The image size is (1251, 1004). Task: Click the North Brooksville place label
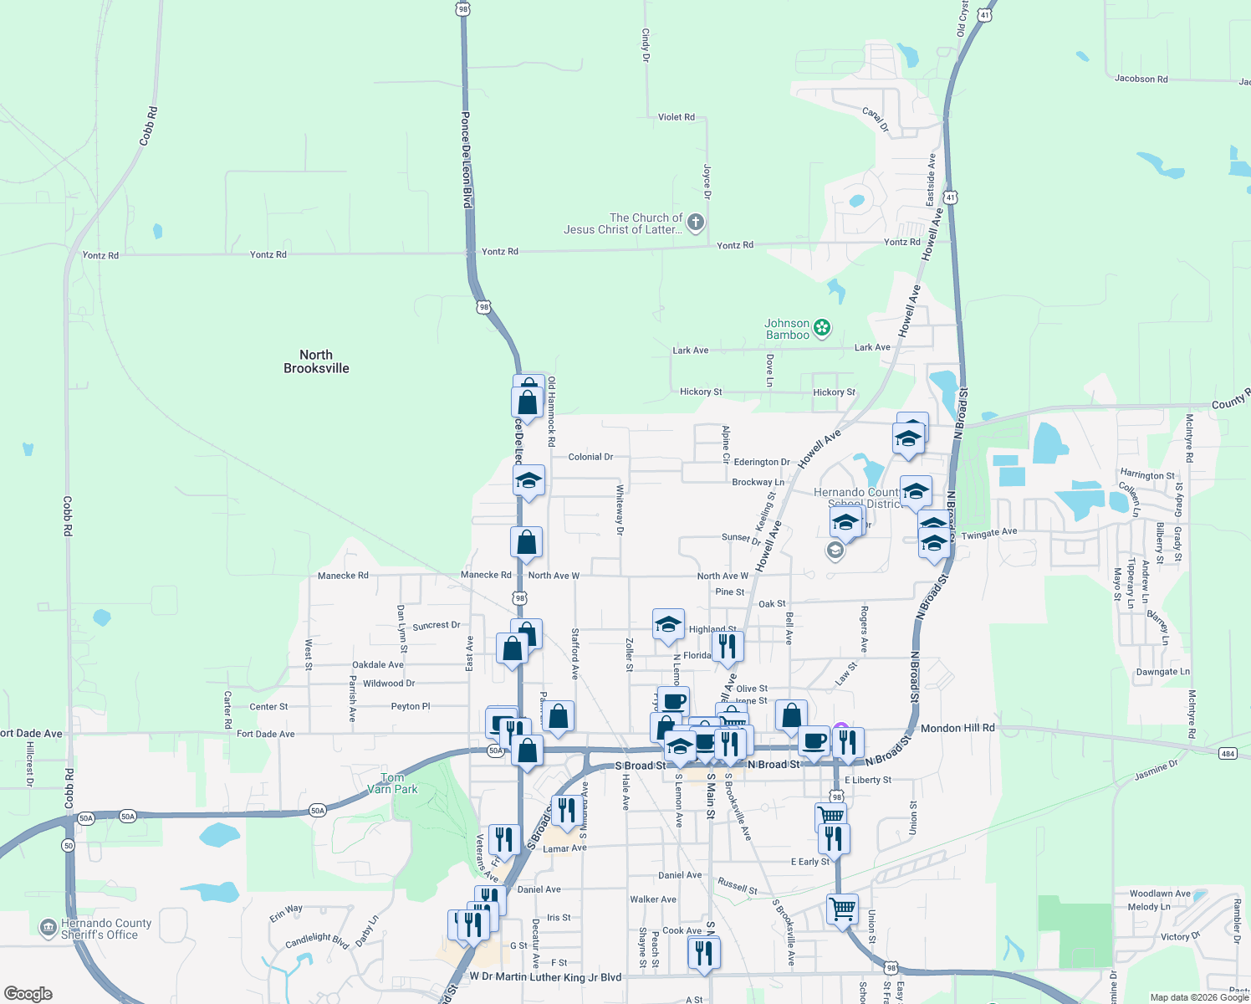point(316,361)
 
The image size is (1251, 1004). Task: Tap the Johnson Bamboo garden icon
point(822,328)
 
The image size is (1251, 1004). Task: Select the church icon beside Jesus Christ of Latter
point(695,223)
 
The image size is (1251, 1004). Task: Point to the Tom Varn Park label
point(392,783)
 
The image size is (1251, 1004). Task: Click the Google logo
point(28,993)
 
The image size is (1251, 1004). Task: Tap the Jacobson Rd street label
point(1141,79)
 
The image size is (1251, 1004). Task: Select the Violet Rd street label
point(676,117)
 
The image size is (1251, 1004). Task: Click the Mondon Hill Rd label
point(957,728)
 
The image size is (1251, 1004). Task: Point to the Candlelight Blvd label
point(316,940)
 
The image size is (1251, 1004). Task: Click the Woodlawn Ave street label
point(1159,894)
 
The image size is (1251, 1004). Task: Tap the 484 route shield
point(1227,753)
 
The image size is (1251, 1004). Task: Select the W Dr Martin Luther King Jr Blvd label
point(545,976)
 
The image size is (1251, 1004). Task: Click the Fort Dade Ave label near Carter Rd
point(265,734)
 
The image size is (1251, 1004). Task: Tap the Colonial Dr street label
point(590,457)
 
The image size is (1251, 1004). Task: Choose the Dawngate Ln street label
point(1162,672)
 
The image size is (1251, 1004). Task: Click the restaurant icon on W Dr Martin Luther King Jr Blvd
point(703,952)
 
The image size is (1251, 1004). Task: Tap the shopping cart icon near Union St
point(842,909)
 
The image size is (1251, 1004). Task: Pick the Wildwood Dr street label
point(389,684)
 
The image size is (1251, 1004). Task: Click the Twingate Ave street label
point(989,533)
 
